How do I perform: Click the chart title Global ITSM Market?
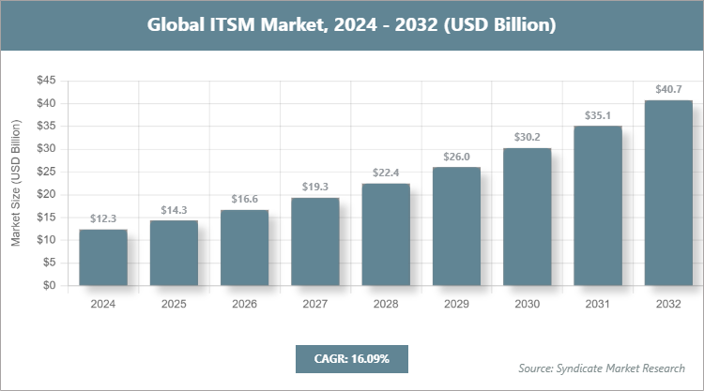[x=351, y=24]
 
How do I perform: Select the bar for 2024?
[x=103, y=258]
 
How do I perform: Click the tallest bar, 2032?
[x=668, y=193]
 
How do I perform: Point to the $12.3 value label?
[x=103, y=218]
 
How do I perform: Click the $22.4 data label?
[x=386, y=173]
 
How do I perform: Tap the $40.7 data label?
[x=668, y=89]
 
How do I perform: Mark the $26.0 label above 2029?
[x=456, y=157]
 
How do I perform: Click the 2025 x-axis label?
[x=174, y=304]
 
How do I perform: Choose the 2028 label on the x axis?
[x=386, y=304]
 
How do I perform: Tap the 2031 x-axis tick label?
[x=598, y=304]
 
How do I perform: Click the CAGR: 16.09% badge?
[x=351, y=358]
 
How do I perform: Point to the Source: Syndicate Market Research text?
[x=602, y=368]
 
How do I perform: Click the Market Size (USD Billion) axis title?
[x=16, y=184]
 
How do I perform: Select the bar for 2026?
[x=244, y=248]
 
